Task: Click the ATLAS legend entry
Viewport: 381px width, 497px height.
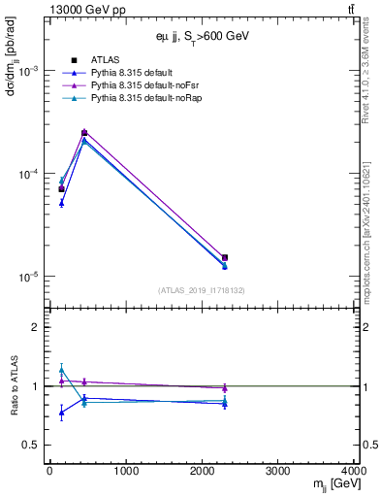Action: [104, 59]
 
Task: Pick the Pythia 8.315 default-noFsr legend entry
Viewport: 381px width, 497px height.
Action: [143, 85]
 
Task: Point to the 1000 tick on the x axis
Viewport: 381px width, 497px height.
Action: [125, 472]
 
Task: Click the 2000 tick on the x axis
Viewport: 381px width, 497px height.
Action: [202, 472]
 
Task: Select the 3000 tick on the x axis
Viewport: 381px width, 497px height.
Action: [278, 472]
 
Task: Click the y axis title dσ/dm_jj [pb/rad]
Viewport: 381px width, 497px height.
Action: [14, 73]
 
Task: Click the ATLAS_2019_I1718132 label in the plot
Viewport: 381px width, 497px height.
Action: [202, 289]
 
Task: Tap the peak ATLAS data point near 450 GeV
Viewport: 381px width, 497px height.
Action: [84, 133]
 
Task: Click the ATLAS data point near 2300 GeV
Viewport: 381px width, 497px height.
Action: [225, 258]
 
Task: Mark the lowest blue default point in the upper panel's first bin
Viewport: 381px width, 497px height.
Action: [61, 203]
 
